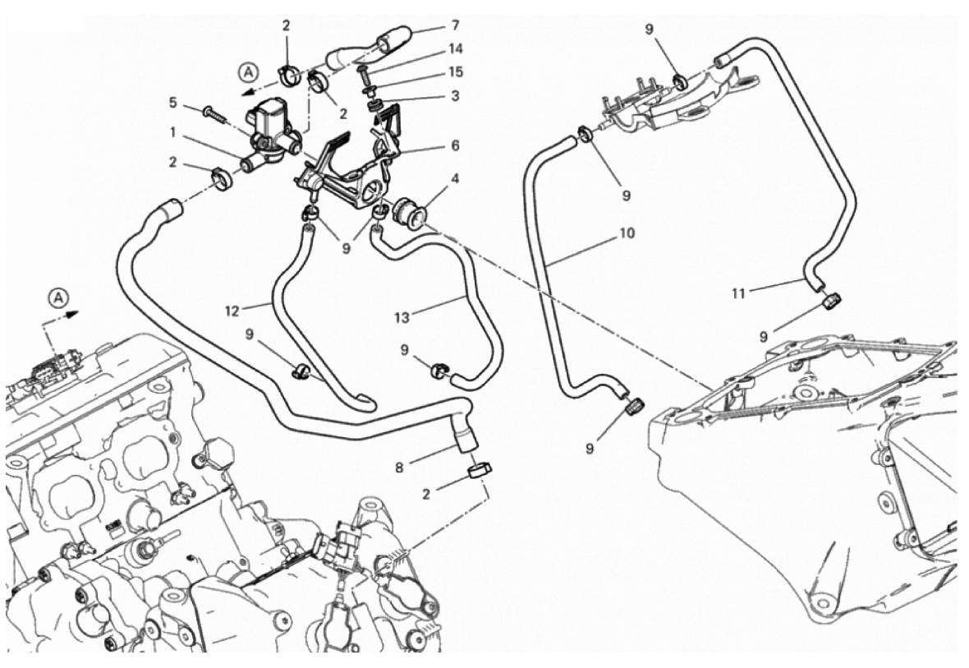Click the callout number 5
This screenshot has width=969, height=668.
point(173,103)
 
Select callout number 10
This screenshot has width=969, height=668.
point(627,233)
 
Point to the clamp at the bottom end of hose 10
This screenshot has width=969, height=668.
point(635,404)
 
